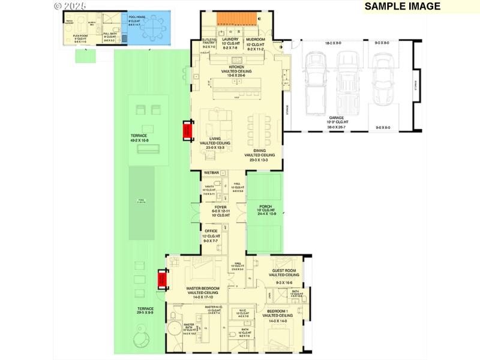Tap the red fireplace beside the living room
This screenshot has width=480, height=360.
pyautogui.click(x=187, y=130)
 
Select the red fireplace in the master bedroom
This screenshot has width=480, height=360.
pyautogui.click(x=162, y=280)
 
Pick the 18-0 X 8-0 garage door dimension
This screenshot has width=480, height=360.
pyautogui.click(x=337, y=43)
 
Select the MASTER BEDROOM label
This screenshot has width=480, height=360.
pyautogui.click(x=201, y=289)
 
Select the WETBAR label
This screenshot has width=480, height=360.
pyautogui.click(x=212, y=173)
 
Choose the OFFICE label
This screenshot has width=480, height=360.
pyautogui.click(x=211, y=230)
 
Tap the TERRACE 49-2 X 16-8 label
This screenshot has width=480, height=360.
pyautogui.click(x=139, y=137)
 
